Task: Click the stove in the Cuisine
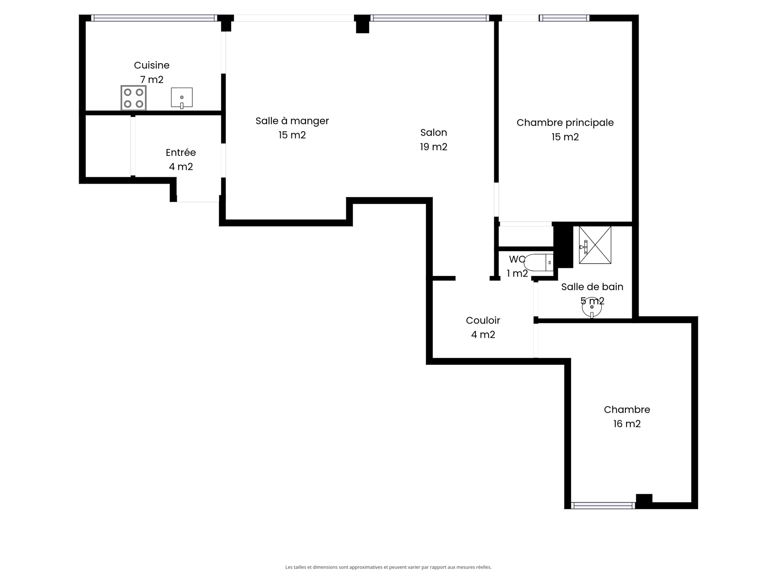tap(134, 98)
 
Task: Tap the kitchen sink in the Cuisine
tap(182, 97)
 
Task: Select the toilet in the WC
tap(539, 262)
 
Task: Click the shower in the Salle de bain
tap(595, 245)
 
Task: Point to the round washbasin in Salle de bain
tap(591, 308)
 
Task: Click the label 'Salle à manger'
tap(292, 121)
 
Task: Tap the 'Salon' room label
tap(434, 132)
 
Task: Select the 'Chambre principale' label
tap(565, 123)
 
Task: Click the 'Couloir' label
tap(483, 320)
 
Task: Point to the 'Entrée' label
tap(181, 153)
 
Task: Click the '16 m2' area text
tap(627, 424)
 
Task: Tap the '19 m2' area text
tap(434, 147)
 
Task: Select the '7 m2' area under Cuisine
tap(152, 80)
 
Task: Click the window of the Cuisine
tap(154, 18)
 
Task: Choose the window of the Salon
tap(430, 18)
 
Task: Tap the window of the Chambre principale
tap(564, 18)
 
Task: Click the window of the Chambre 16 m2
tap(603, 506)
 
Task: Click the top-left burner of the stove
tap(128, 92)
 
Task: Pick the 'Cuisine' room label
tap(152, 65)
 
